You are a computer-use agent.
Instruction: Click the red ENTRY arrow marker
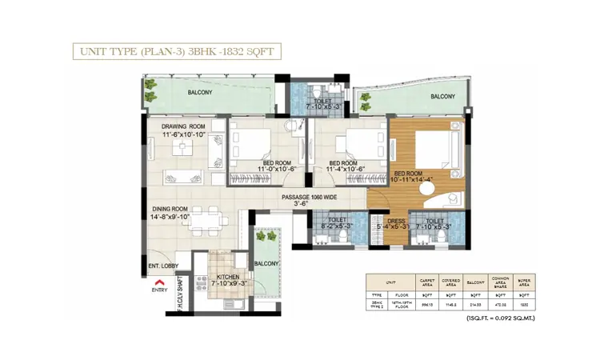159,282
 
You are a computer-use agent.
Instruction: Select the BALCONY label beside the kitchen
266,263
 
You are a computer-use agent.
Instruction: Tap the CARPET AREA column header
428,282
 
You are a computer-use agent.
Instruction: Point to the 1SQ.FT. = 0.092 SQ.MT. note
502,319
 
